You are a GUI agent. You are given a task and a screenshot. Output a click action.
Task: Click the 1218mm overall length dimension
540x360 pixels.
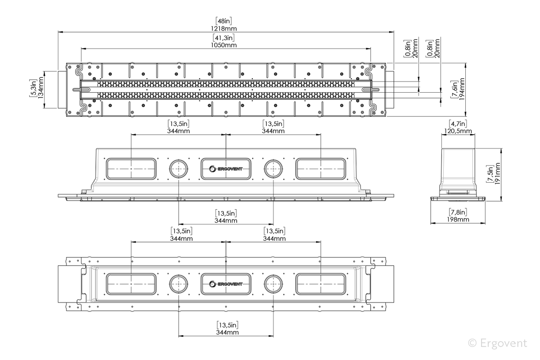[x=224, y=29]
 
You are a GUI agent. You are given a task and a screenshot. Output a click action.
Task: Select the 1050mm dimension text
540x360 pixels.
[x=224, y=45]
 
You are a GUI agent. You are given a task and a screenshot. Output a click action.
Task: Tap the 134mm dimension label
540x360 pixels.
[x=41, y=88]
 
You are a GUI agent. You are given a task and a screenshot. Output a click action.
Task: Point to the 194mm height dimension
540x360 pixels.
[x=462, y=89]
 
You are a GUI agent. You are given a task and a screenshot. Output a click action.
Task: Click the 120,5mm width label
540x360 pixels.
[x=458, y=131]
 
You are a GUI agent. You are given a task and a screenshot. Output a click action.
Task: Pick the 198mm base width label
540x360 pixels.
[x=458, y=220]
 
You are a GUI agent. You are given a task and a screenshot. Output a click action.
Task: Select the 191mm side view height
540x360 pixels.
[x=497, y=174]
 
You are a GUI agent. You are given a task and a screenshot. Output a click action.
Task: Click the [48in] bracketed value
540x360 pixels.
[x=224, y=21]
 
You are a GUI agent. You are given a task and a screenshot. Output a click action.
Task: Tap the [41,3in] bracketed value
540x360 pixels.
[x=224, y=38]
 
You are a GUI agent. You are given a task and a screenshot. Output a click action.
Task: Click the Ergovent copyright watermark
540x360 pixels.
[x=498, y=343]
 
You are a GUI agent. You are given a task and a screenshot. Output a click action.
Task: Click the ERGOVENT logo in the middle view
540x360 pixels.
[x=226, y=169]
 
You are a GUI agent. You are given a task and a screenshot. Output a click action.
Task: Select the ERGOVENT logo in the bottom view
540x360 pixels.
[x=226, y=284]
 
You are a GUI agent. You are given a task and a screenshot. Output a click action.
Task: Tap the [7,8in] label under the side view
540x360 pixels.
[x=458, y=212]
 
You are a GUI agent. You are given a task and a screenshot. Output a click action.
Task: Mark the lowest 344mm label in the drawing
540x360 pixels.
[x=227, y=333]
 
